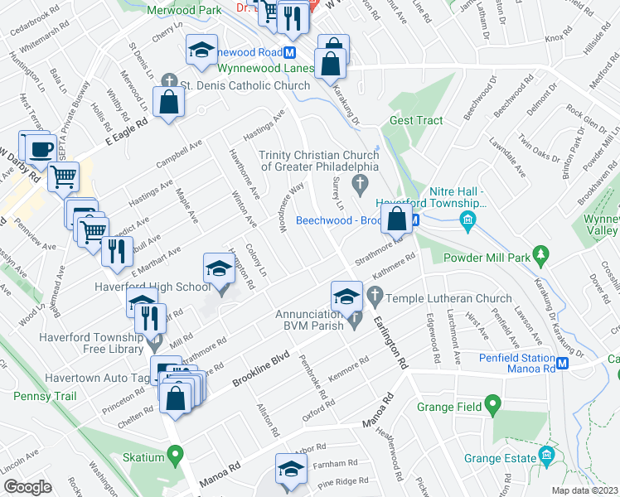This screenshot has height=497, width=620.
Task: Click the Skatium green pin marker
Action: pos(175,455)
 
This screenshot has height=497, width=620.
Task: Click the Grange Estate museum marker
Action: pos(546,456)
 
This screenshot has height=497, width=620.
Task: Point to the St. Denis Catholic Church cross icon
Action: pos(168,82)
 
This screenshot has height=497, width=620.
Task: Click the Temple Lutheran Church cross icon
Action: pos(374,294)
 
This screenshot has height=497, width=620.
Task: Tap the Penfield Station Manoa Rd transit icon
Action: pos(563,363)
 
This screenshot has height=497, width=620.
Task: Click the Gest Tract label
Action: pos(416,120)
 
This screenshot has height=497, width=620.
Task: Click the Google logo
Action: pos(27,486)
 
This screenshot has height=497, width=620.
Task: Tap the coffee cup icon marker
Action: pos(41,149)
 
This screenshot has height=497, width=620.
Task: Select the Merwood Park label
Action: pos(184,10)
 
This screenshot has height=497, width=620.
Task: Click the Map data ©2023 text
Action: pos(584,490)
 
